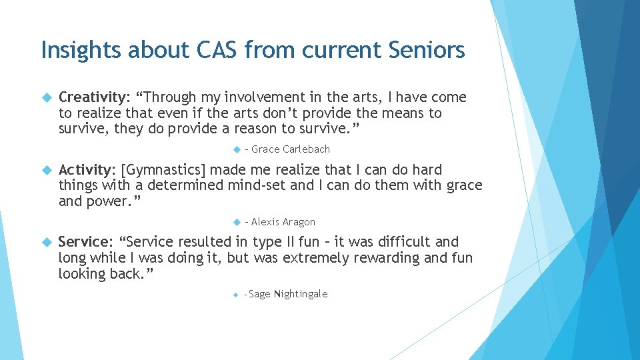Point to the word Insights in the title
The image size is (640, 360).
79,50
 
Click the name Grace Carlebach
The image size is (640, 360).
291,149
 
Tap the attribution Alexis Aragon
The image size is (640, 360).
283,222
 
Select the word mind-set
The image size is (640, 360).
259,185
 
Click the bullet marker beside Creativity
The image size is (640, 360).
46,98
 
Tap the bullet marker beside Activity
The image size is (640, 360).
46,170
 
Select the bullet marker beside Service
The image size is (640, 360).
46,242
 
